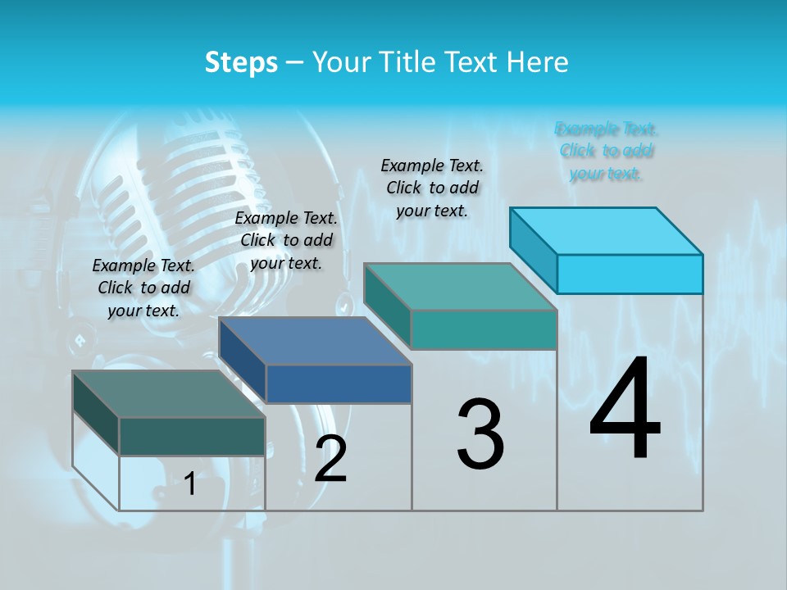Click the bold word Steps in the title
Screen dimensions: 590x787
(x=241, y=62)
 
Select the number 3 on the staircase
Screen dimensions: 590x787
(x=480, y=434)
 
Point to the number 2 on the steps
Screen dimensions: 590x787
(x=330, y=460)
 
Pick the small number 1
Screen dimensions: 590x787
(x=190, y=484)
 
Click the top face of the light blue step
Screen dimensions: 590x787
(x=607, y=230)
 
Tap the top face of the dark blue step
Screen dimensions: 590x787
(x=316, y=341)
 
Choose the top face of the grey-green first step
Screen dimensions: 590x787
(x=169, y=394)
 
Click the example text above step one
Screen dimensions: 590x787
(x=143, y=288)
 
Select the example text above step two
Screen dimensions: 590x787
(x=286, y=240)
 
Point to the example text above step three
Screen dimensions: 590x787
(x=432, y=188)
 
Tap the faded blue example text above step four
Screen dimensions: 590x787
(x=607, y=151)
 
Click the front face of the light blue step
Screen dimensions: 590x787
(x=630, y=274)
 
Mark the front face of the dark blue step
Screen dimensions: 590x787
(x=339, y=383)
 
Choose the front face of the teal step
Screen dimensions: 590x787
(x=484, y=329)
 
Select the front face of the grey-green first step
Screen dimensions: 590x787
(x=192, y=436)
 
